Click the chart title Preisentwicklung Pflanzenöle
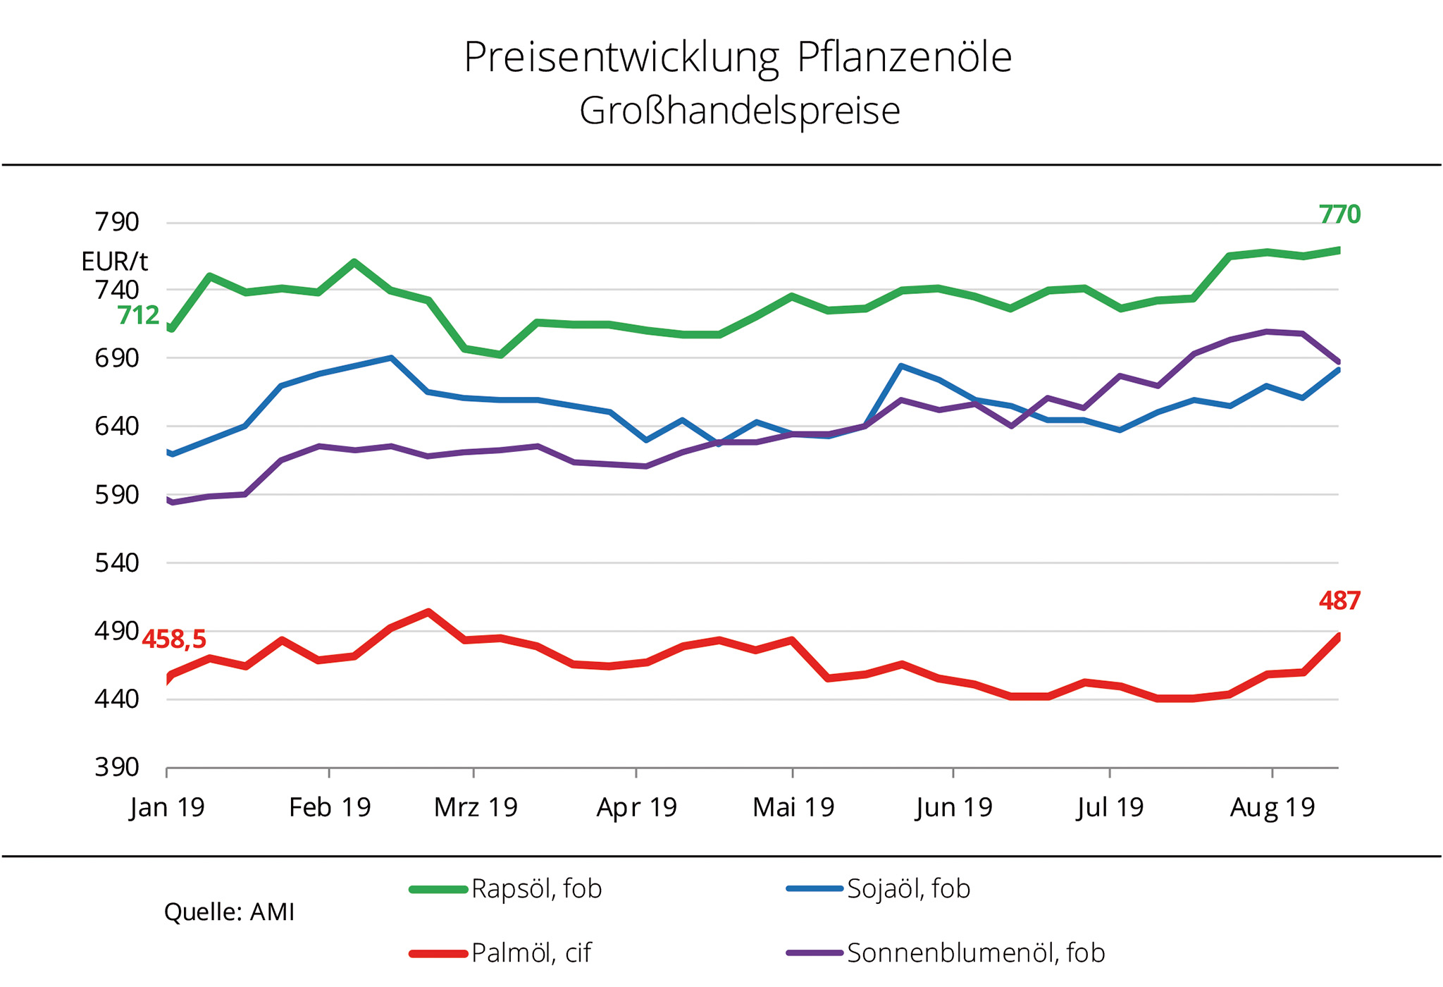point(737,58)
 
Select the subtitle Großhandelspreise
point(739,111)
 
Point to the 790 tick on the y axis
point(117,222)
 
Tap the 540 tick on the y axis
point(117,563)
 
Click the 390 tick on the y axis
point(117,767)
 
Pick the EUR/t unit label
point(114,262)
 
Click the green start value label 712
point(138,315)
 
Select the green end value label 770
point(1339,214)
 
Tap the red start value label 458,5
point(174,639)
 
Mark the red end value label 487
point(1339,601)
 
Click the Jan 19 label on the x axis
point(167,807)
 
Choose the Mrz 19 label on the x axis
point(476,807)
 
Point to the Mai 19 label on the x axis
point(793,807)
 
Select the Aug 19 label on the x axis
point(1272,807)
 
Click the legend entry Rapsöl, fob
point(535,889)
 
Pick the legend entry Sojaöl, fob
point(908,889)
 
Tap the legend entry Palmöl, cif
point(531,953)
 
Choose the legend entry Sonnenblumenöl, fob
point(975,953)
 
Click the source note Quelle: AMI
point(229,912)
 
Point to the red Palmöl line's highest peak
point(428,612)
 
